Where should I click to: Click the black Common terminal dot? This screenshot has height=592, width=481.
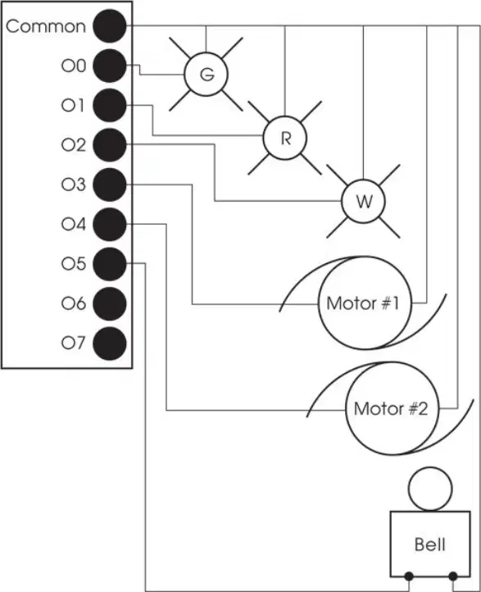coord(110,26)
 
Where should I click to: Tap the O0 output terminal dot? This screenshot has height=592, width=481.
coord(110,66)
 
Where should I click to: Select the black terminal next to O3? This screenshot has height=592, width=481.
coord(110,184)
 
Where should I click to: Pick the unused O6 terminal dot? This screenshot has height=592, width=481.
coord(110,303)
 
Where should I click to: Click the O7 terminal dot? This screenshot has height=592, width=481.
coord(110,344)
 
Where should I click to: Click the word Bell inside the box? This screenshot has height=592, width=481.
coord(429,544)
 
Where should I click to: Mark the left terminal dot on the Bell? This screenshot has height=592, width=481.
coord(409,576)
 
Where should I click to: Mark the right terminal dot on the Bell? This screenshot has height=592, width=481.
coord(453,576)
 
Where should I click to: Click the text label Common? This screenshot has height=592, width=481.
coord(46,26)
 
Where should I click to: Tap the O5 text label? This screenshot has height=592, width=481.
coord(74,263)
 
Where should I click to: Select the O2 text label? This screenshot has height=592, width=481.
coord(74,144)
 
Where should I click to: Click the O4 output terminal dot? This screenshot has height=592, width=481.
coord(110,225)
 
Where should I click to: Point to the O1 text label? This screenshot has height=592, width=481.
coord(73,105)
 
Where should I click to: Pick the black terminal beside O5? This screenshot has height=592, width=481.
coord(110,264)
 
